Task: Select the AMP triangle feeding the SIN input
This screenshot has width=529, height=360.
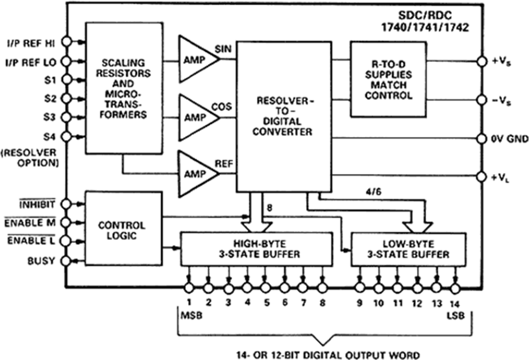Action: click(x=196, y=59)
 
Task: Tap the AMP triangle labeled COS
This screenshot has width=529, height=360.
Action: click(x=196, y=116)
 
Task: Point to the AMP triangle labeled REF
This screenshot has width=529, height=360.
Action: click(x=196, y=174)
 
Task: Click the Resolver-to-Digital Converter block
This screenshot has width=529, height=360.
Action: click(x=283, y=116)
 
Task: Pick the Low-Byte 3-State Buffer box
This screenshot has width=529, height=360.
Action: click(x=408, y=249)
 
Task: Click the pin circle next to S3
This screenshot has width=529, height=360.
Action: click(x=67, y=117)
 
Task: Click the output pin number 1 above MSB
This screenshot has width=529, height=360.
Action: click(x=189, y=303)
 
